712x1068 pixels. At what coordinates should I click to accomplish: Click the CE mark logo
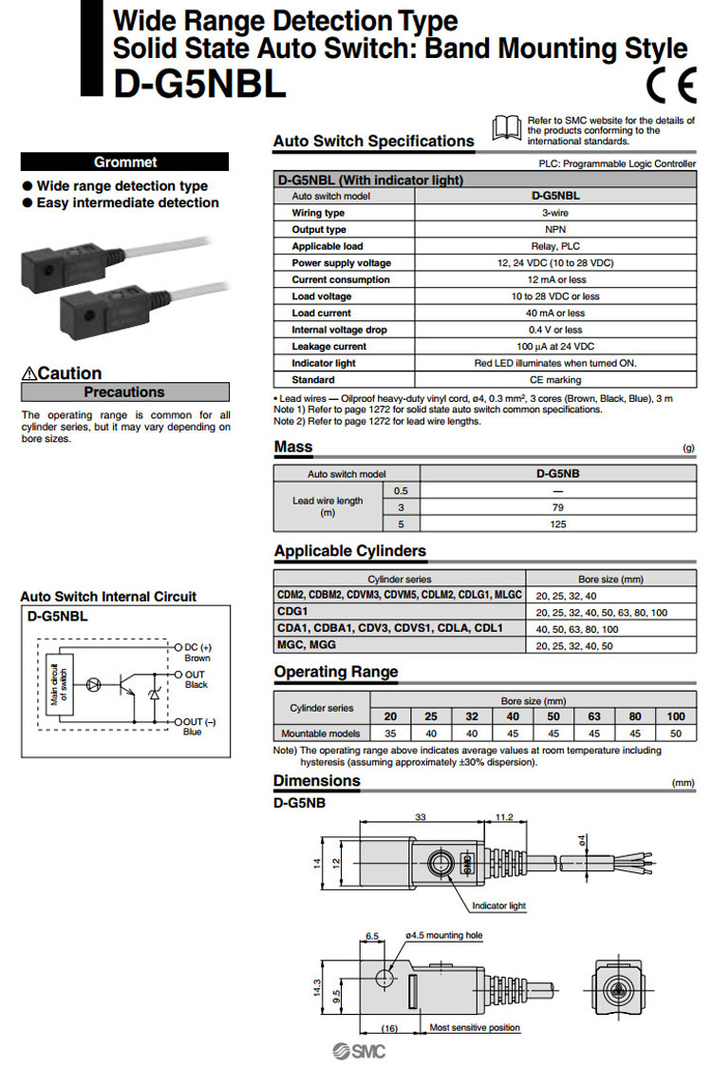[670, 86]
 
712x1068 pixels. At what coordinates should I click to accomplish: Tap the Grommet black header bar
[125, 162]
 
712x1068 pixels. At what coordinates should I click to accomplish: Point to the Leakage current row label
[328, 346]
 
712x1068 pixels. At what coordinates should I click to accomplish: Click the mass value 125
[556, 524]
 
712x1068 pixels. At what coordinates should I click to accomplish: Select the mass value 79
[556, 507]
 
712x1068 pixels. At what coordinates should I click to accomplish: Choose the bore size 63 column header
[595, 716]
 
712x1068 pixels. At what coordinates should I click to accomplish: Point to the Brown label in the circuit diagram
[197, 658]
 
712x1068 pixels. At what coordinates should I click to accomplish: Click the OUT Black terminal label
[197, 678]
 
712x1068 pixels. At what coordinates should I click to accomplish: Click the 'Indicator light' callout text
[498, 906]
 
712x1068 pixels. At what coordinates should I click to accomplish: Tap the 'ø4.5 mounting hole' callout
[443, 936]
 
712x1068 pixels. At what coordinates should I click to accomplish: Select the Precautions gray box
[125, 391]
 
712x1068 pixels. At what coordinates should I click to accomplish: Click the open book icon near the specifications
[507, 127]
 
